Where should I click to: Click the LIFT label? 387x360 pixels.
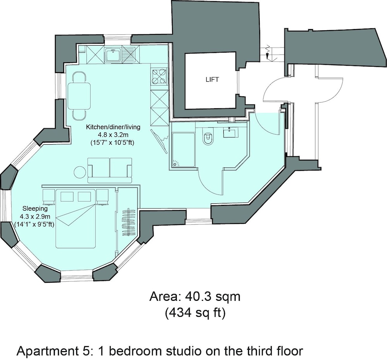[212, 79]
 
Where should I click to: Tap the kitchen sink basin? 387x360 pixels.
[113, 55]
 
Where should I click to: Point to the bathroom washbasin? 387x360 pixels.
[231, 132]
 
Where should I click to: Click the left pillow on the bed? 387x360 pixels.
[67, 197]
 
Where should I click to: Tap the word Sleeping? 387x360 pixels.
[35, 209]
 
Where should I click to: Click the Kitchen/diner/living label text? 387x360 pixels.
[113, 127]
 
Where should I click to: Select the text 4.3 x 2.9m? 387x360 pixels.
[35, 217]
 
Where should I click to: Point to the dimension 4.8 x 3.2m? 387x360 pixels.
[113, 135]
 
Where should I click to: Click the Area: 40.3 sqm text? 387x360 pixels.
[195, 297]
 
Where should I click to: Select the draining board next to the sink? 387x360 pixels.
[129, 55]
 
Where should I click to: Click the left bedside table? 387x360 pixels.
[48, 197]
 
